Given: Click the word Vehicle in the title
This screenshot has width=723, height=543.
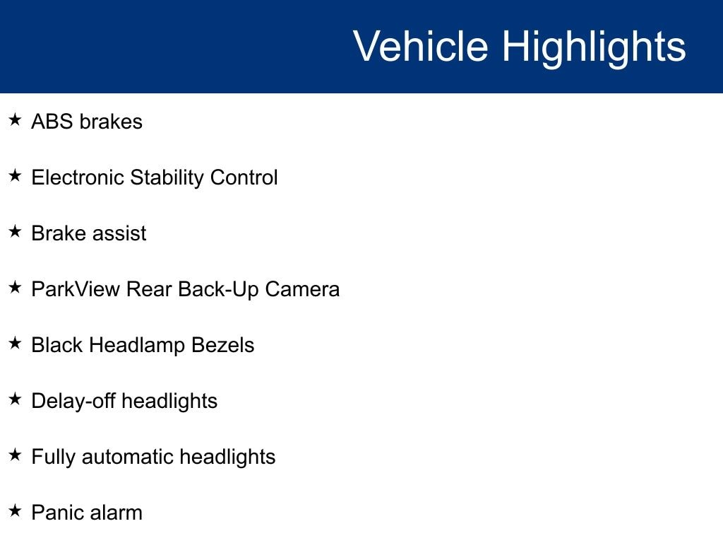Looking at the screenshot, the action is tap(421, 46).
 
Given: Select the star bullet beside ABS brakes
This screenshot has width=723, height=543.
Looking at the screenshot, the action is tap(16, 119).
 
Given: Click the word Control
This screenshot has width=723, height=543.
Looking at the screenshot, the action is tap(244, 177).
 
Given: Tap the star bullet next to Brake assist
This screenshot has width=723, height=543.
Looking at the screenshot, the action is tap(16, 231).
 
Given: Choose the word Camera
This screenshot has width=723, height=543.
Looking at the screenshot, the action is tap(302, 289).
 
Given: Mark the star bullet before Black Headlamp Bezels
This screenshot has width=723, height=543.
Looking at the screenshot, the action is tap(16, 343).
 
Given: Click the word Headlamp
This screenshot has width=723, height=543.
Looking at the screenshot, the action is tap(137, 346).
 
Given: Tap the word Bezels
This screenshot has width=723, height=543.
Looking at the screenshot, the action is tap(222, 345).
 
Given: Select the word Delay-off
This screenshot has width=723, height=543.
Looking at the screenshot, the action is tap(73, 402).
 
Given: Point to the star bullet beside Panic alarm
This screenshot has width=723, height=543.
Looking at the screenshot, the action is tap(16, 510).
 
